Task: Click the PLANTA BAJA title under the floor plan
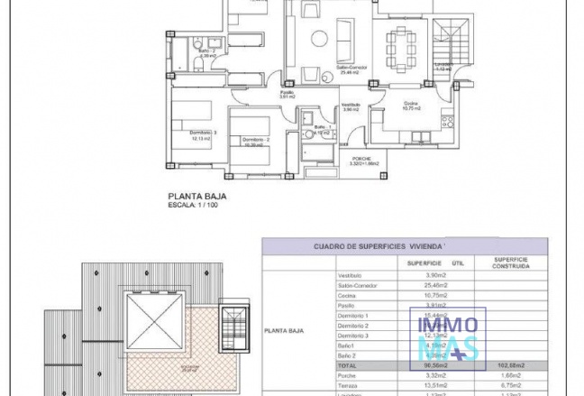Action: click(197, 194)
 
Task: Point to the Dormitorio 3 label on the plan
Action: click(202, 134)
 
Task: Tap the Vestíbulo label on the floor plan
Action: click(351, 105)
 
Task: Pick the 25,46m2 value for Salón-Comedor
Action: click(436, 285)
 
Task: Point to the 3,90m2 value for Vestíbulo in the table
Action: click(436, 274)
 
